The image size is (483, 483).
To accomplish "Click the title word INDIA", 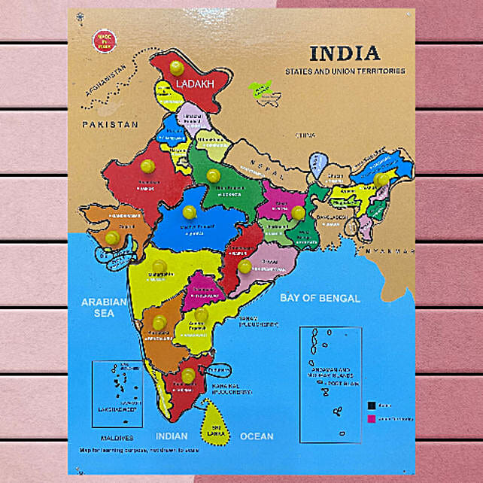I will click(x=345, y=53).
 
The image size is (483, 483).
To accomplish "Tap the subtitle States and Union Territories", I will click(x=345, y=71).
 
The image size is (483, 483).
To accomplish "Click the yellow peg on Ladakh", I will click(x=177, y=68).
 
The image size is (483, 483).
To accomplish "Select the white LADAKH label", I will click(x=195, y=84).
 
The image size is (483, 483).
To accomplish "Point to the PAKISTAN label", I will click(x=111, y=124).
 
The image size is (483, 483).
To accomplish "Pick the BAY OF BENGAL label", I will click(x=320, y=298).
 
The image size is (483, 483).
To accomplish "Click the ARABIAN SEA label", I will click(x=103, y=307).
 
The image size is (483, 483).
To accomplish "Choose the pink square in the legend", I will click(x=371, y=419).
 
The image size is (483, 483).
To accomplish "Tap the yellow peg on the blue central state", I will click(x=189, y=212).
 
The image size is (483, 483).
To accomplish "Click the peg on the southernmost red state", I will click(x=188, y=374).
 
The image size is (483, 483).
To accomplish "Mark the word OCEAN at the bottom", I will click(x=257, y=436).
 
